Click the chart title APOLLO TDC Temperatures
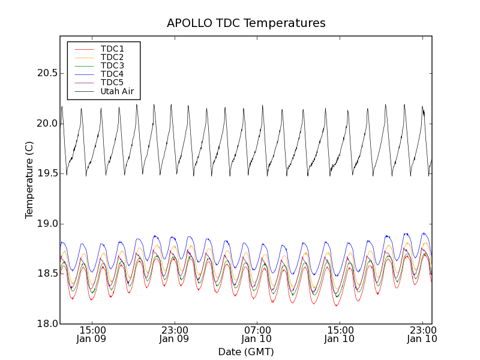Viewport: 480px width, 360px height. pyautogui.click(x=246, y=23)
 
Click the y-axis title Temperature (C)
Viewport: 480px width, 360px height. pyautogui.click(x=29, y=180)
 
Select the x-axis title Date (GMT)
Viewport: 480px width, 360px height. pyautogui.click(x=246, y=352)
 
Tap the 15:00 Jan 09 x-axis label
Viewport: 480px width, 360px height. pyautogui.click(x=92, y=334)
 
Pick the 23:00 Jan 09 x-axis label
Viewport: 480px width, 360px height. pyautogui.click(x=174, y=334)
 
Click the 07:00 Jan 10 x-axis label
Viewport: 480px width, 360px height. pyautogui.click(x=257, y=334)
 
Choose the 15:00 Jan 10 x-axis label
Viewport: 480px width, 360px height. pyautogui.click(x=340, y=334)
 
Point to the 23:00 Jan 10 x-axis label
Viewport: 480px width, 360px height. pyautogui.click(x=422, y=334)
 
